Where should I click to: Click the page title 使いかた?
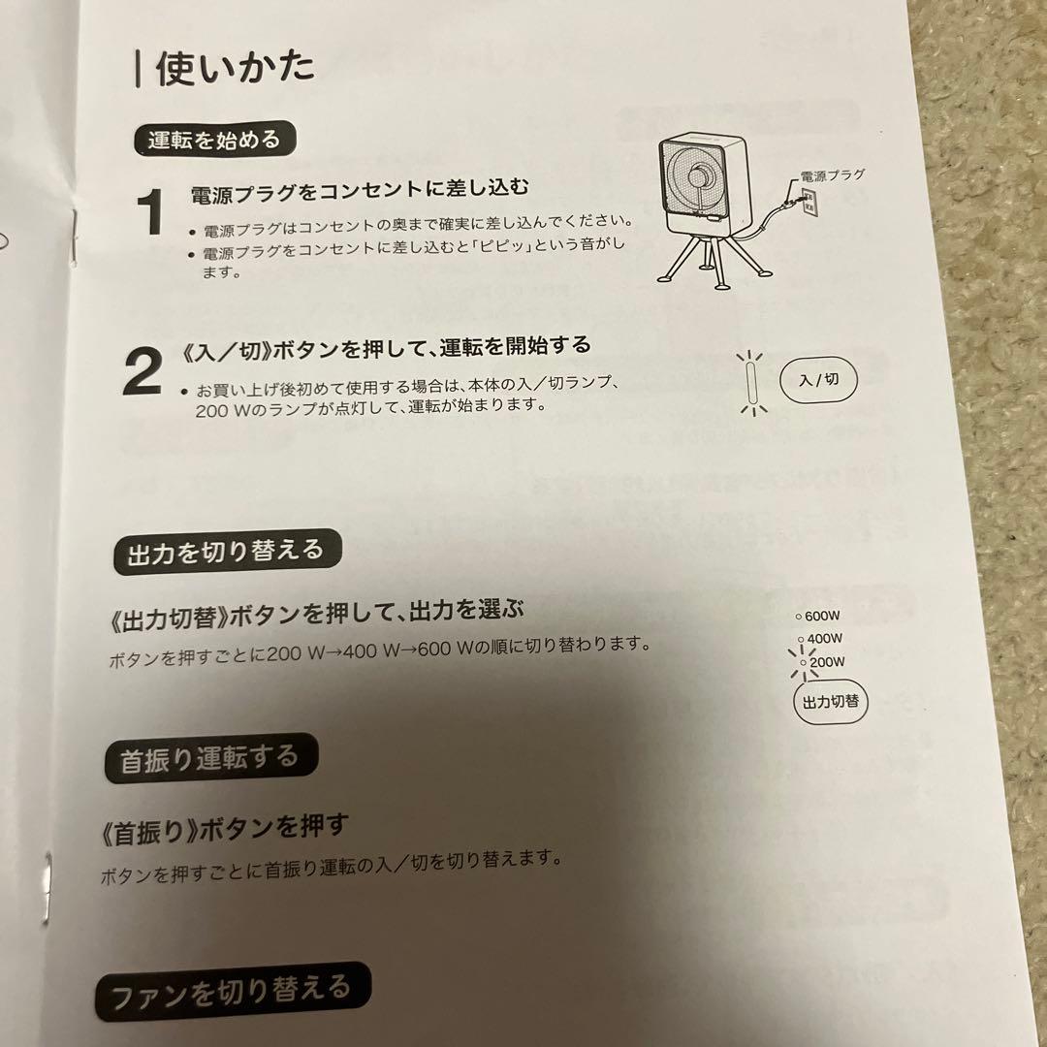pyautogui.click(x=236, y=69)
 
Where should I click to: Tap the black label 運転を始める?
pyautogui.click(x=213, y=139)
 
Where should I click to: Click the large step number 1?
pyautogui.click(x=150, y=212)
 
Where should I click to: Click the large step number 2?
pyautogui.click(x=143, y=373)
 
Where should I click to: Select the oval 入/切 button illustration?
pyautogui.click(x=818, y=380)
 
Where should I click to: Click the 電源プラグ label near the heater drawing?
pyautogui.click(x=831, y=175)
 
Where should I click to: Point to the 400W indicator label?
pyautogui.click(x=823, y=639)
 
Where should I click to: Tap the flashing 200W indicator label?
pyautogui.click(x=826, y=663)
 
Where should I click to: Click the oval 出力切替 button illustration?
pyautogui.click(x=831, y=702)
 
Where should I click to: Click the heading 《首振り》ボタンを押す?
pyautogui.click(x=224, y=827)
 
